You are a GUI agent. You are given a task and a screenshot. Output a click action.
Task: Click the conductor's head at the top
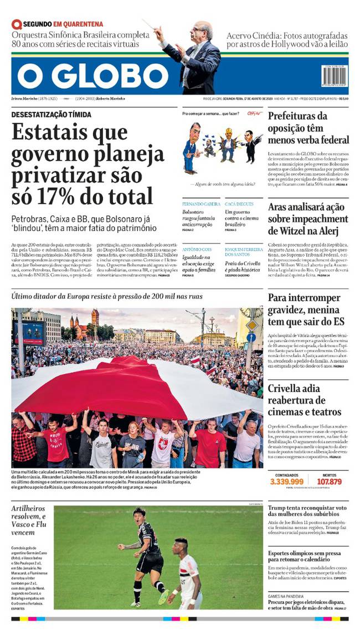tap(203, 30)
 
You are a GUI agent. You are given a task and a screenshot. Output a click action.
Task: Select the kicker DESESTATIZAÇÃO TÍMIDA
tap(52, 115)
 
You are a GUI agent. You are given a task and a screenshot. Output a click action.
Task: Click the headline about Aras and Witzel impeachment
tap(308, 219)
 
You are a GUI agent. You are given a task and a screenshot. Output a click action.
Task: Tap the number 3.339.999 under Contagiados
tap(286, 482)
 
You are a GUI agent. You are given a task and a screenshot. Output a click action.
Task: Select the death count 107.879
tap(329, 482)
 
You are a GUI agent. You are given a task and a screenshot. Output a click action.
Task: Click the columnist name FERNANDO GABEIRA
tap(201, 204)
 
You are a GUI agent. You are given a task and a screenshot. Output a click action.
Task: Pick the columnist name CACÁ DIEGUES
tap(239, 204)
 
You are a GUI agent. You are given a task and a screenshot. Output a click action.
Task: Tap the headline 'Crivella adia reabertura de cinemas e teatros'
tap(305, 400)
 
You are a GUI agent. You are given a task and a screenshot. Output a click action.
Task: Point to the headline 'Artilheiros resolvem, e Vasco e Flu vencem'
tap(30, 524)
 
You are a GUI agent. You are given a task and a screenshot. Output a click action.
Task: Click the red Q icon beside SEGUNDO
tap(17, 24)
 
